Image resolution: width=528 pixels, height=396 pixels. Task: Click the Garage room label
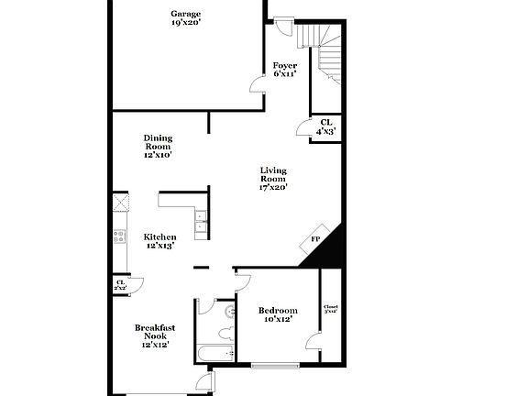185,14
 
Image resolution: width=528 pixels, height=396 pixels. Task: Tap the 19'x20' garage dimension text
185,23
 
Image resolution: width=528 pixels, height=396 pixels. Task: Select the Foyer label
285,65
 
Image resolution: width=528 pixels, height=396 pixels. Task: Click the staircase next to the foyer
325,52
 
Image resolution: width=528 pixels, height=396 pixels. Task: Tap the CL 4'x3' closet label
325,126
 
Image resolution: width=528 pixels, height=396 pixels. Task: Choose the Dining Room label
158,143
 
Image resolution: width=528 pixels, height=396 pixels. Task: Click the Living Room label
273,174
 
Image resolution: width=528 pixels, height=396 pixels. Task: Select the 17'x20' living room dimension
273,187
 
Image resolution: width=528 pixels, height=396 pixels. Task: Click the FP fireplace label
315,239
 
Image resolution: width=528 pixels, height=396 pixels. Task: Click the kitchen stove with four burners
119,236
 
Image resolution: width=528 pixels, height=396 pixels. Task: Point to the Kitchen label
160,236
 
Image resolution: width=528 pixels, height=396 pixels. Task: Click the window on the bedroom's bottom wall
277,366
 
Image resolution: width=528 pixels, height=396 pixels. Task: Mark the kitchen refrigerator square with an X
120,203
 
